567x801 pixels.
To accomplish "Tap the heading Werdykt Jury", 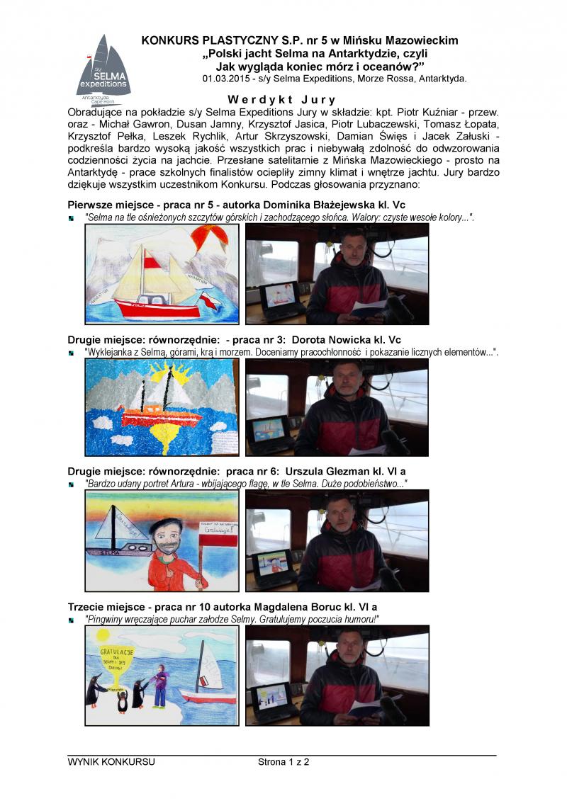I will pyautogui.click(x=282, y=100).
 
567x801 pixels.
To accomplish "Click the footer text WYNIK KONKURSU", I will pyautogui.click(x=111, y=762).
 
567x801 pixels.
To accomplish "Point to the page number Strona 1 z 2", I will pyautogui.click(x=284, y=762).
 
